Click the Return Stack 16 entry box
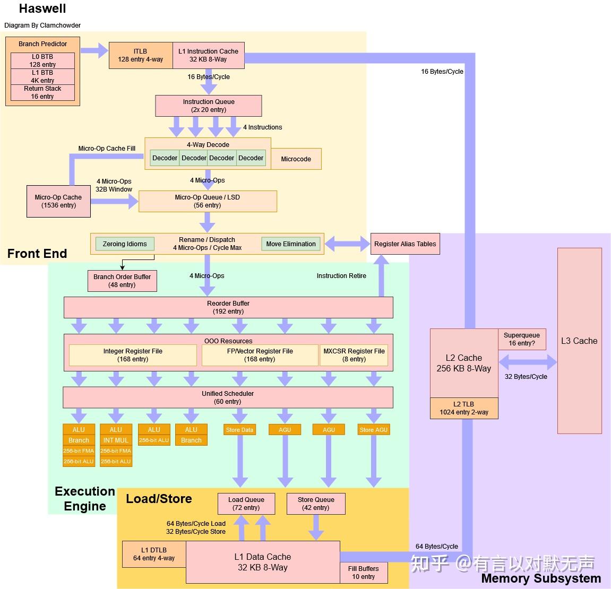pos(42,92)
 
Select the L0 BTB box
pos(42,60)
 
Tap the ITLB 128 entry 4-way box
pos(141,55)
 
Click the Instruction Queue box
pos(208,106)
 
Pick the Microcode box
pos(296,159)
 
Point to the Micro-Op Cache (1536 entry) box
pos(58,201)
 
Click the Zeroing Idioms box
pos(125,244)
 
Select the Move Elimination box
pos(291,244)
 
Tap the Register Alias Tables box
pos(405,244)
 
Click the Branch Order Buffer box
pos(122,281)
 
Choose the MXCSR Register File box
pos(354,355)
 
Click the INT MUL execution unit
pos(116,440)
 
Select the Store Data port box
pos(239,430)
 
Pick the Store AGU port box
pos(374,430)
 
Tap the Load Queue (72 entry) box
pos(246,504)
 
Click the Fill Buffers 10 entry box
pos(364,573)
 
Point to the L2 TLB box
pos(464,408)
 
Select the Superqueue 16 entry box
pos(522,339)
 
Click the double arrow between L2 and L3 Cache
pos(528,363)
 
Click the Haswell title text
pos(42,8)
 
